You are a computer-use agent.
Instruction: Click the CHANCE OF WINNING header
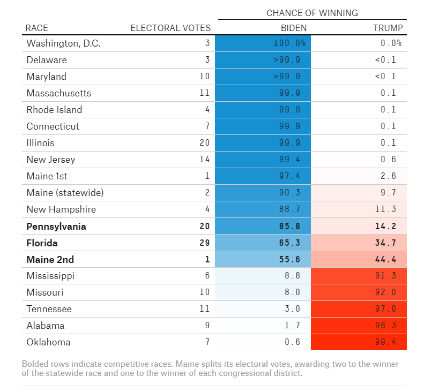(x=312, y=13)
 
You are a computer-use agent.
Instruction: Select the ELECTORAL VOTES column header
(x=170, y=28)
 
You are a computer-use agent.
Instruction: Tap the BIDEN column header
(x=294, y=28)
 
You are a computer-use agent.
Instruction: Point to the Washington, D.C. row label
(x=63, y=43)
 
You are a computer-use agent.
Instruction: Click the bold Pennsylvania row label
(x=56, y=227)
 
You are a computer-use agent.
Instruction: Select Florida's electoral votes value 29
(x=205, y=243)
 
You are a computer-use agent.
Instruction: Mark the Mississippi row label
(x=50, y=276)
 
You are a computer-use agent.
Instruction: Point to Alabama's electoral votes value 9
(x=207, y=326)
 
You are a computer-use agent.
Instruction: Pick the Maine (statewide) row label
(x=65, y=193)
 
